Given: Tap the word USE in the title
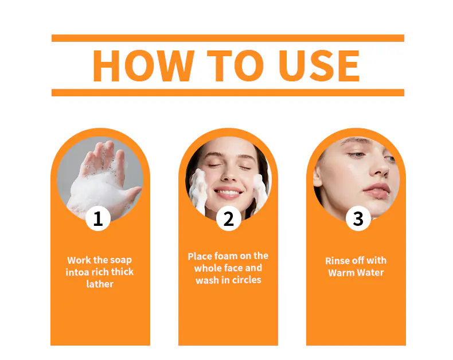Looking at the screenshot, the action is tap(319, 65).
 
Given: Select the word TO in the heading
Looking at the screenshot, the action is tap(235, 65).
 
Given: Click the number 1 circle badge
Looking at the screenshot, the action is tap(98, 218).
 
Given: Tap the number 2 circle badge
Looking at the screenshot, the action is tap(229, 218).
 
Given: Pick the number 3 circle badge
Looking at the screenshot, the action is tap(358, 218).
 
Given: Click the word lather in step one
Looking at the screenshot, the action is tap(100, 284).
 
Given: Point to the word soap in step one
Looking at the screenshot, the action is tap(121, 261).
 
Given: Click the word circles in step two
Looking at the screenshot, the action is tap(247, 280).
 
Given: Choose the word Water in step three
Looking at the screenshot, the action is tap(370, 272).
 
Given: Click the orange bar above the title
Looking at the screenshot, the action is tap(228, 38).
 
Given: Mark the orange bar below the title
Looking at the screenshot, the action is tap(228, 92).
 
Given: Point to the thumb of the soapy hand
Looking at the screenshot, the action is tap(131, 194).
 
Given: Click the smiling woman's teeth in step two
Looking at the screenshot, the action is tap(228, 192).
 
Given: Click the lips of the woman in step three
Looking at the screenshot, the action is tap(376, 190).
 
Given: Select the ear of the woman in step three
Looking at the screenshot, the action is tap(317, 175).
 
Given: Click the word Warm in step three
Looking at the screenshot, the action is tap(341, 272).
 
